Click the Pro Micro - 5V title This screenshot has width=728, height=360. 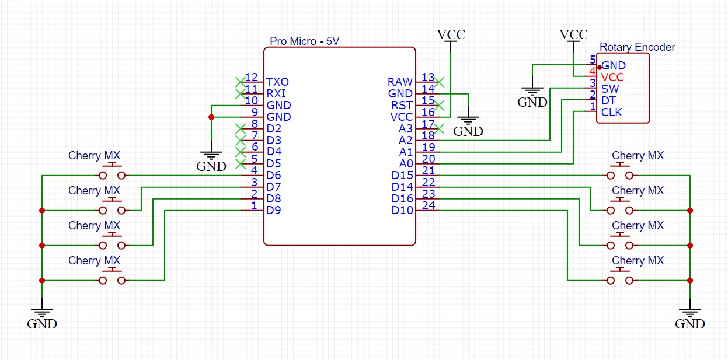[304, 41]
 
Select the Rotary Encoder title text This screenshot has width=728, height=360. [637, 47]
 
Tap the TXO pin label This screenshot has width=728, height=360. [277, 82]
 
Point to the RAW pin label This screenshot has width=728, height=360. [400, 82]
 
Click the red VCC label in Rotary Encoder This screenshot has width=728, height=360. [612, 77]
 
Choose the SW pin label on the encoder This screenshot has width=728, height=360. [610, 89]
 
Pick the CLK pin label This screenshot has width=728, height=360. [612, 112]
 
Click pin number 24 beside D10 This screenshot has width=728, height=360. [428, 205]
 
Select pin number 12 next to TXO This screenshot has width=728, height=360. [252, 78]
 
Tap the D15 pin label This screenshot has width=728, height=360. [402, 176]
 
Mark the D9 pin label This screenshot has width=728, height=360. [274, 210]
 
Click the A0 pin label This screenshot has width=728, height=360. [406, 164]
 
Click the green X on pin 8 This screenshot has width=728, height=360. [239, 128]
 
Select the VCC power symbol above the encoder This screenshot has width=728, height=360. [573, 35]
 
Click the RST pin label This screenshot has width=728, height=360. [402, 106]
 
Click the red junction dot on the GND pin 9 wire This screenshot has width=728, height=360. [211, 117]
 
